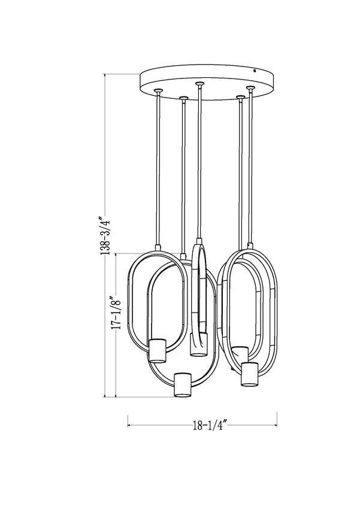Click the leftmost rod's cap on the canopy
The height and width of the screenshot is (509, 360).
[158, 90]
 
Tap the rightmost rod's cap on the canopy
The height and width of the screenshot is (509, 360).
[250, 88]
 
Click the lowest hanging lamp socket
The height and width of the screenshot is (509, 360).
[181, 384]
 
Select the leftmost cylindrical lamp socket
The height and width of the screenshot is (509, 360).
[157, 350]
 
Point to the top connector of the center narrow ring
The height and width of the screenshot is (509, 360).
[198, 242]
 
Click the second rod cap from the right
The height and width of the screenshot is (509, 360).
[240, 96]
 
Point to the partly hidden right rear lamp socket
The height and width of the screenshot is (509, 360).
[240, 353]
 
